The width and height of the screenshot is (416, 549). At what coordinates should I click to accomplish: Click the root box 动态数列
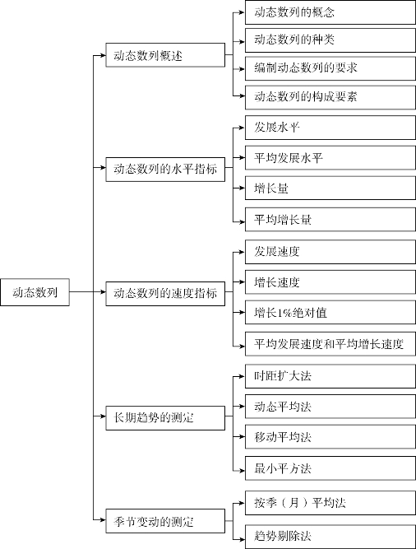coord(35,292)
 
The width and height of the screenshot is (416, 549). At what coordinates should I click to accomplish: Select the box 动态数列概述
coord(165,55)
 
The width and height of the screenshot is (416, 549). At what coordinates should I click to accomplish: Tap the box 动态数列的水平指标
coord(165,170)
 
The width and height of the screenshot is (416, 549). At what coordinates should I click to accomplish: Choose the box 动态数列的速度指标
coord(165,293)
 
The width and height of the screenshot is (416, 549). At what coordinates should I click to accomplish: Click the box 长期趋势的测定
coord(165,417)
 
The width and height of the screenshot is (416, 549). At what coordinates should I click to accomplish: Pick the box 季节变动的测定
coord(165,521)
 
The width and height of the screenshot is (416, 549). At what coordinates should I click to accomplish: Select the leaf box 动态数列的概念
coord(330,12)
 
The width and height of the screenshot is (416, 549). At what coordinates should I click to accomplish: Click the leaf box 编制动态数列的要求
coord(330,68)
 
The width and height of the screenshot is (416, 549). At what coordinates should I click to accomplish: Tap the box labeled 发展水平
coord(330,128)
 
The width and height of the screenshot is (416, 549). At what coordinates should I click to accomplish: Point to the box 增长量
coord(330,188)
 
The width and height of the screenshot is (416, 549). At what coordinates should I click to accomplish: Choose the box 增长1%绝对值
coord(330,312)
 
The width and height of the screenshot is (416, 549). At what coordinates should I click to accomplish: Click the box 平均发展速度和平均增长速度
coord(330,344)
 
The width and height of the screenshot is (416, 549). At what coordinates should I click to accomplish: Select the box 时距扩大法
coord(330,376)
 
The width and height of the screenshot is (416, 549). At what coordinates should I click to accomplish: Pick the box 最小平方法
coord(330,468)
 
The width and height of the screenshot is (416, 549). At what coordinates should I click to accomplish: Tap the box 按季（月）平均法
coord(330,503)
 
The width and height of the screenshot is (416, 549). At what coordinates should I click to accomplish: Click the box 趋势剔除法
coord(330,537)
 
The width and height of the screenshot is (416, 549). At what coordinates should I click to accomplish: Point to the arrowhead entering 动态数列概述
coord(103,55)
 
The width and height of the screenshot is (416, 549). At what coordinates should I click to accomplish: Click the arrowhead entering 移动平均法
coord(242,436)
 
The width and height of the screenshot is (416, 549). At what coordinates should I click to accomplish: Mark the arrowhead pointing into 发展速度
coord(242,252)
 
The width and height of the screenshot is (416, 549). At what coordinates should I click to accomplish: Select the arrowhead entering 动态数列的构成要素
coord(242,95)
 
